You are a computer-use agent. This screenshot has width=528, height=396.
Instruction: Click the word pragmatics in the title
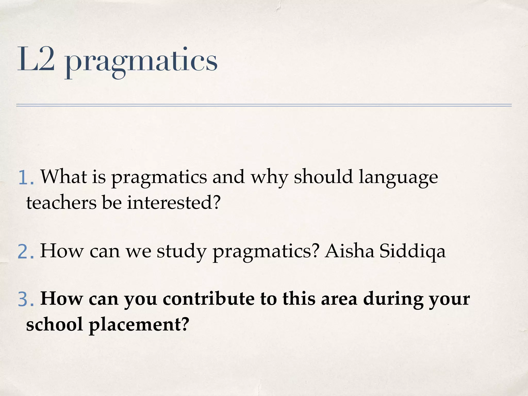point(141,62)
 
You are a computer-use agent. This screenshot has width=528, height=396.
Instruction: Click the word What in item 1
point(64,177)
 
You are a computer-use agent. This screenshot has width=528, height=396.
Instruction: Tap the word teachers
point(61,203)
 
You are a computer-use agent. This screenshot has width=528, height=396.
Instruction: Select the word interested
point(170,203)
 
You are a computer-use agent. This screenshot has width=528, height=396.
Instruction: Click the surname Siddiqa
point(412,251)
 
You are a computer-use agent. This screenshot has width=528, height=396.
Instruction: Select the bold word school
point(54,324)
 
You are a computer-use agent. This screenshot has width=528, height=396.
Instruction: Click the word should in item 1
point(323,177)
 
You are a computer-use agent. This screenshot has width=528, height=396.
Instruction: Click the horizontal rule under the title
point(264,105)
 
